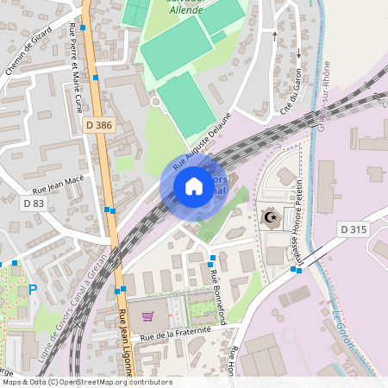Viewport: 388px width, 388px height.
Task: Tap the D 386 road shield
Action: pyautogui.click(x=99, y=125)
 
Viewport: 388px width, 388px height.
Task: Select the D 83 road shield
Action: pyautogui.click(x=33, y=203)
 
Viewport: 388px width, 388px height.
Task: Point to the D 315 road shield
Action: pyautogui.click(x=354, y=228)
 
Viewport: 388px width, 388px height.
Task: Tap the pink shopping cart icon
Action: pyautogui.click(x=147, y=316)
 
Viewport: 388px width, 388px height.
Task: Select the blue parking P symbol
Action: pyautogui.click(x=33, y=291)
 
